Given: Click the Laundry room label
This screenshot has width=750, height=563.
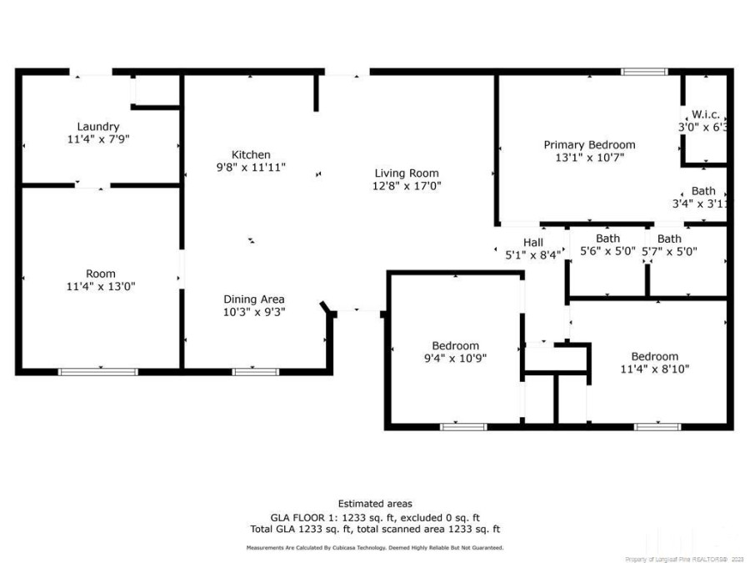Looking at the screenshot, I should point(98,127).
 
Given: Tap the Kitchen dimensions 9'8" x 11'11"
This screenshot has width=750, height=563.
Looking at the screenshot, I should point(251,168).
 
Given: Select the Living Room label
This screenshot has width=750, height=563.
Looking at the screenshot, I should point(406,173).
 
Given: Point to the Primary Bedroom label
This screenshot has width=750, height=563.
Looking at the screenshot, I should point(589,144).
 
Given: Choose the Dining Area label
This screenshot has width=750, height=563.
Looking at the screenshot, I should point(254,299).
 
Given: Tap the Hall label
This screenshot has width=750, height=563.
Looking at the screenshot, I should point(532,243).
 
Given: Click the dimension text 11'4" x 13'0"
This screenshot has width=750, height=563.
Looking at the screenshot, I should point(101,286).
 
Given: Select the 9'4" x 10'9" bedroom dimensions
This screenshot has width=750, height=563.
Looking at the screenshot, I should point(455,358).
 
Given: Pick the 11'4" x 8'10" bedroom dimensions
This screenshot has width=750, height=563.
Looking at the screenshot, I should point(654,369).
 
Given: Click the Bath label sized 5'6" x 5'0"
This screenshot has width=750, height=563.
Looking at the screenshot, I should point(607,239).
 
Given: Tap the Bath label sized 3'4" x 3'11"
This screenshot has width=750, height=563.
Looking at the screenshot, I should point(702,191).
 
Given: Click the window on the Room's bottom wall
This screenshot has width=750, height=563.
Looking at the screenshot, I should point(98,371).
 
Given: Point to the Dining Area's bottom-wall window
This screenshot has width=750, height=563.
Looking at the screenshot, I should point(256,371).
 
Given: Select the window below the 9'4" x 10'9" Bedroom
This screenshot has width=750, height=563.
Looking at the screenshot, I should point(463,427).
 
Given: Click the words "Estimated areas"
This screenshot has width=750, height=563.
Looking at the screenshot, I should point(374,503).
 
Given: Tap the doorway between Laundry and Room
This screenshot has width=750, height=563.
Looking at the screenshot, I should point(92,185).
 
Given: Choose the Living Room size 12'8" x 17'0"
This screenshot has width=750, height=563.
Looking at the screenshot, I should point(406,186).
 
